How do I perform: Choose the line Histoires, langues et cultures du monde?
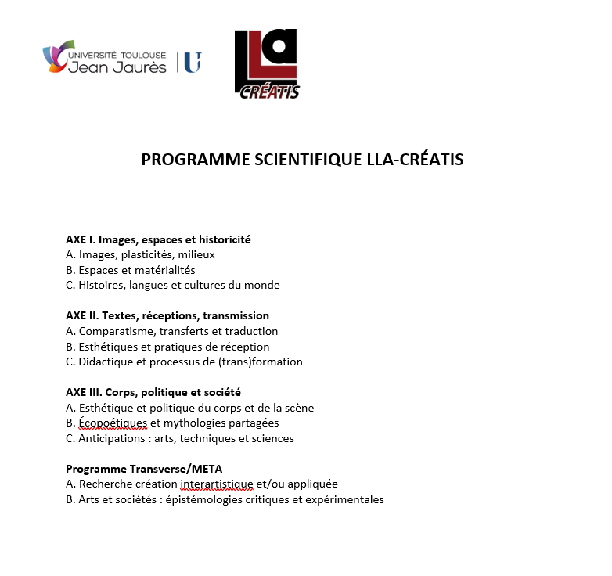(x=172, y=285)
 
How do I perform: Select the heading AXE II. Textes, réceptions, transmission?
(x=167, y=315)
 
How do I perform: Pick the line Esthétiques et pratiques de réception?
(x=167, y=347)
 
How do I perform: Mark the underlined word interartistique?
(x=217, y=484)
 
